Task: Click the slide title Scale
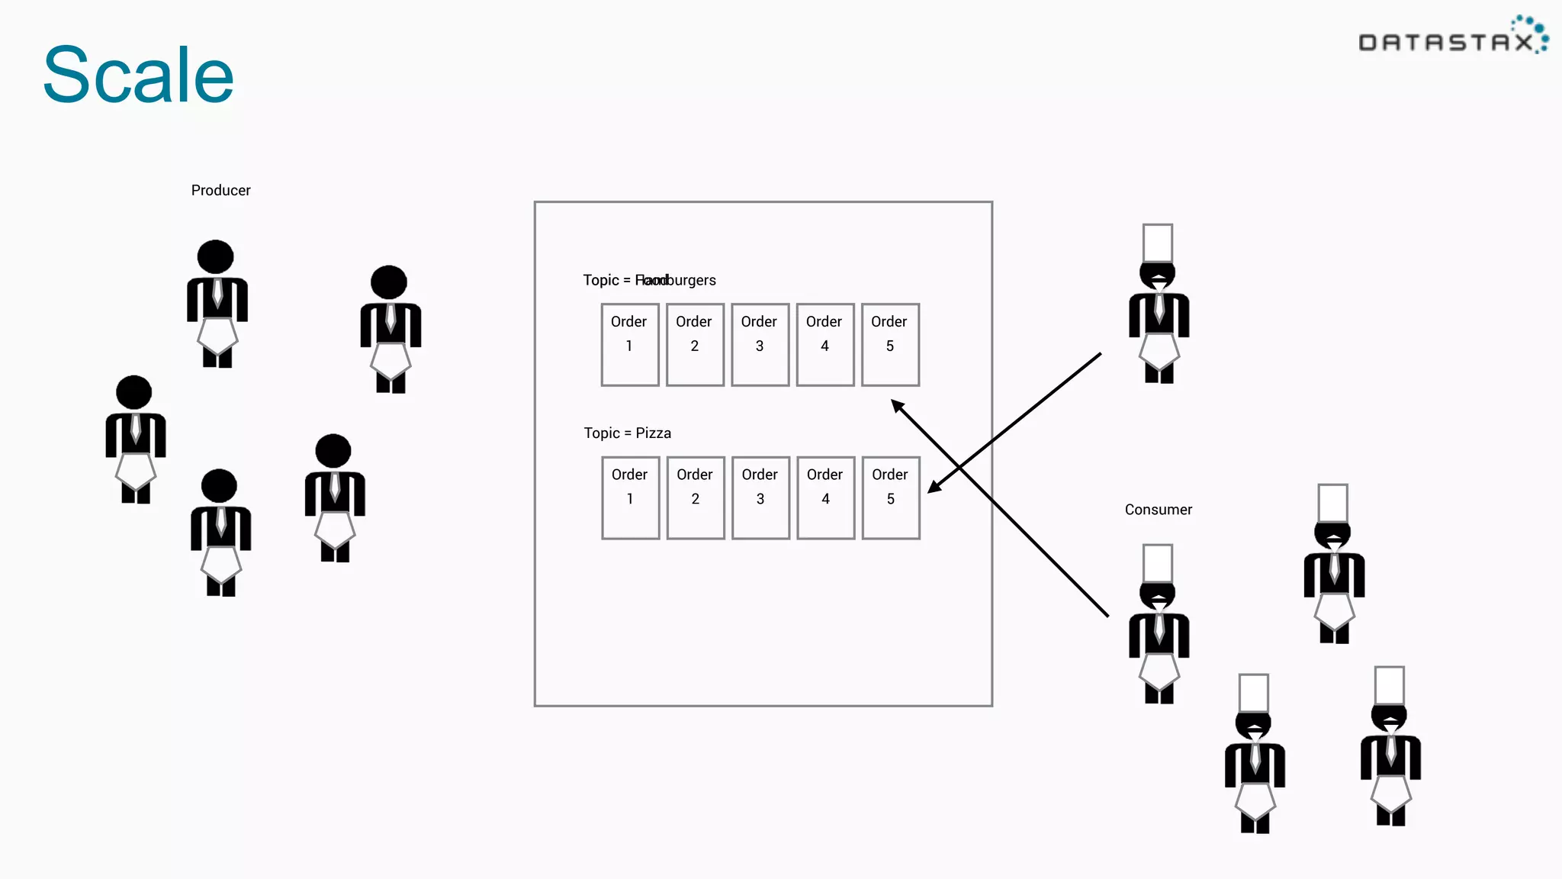tap(138, 75)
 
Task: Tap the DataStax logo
tap(1453, 37)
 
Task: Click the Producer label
tap(220, 190)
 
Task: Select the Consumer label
tap(1158, 510)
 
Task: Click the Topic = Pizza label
tap(627, 433)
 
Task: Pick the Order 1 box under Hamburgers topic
tap(629, 345)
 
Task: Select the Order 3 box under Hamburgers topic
tap(760, 345)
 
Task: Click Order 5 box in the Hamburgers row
tap(890, 345)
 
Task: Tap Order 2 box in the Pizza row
tap(695, 497)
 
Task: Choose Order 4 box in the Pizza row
tap(825, 497)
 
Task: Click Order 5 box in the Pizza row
tap(890, 497)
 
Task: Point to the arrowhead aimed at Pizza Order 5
tap(934, 487)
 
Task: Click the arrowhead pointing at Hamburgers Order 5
tap(898, 406)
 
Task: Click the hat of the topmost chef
tap(1157, 243)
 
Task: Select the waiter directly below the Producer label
tap(217, 304)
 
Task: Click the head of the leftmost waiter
tap(134, 392)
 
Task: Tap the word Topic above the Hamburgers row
tap(601, 280)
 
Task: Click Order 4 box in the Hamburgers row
tap(824, 345)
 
